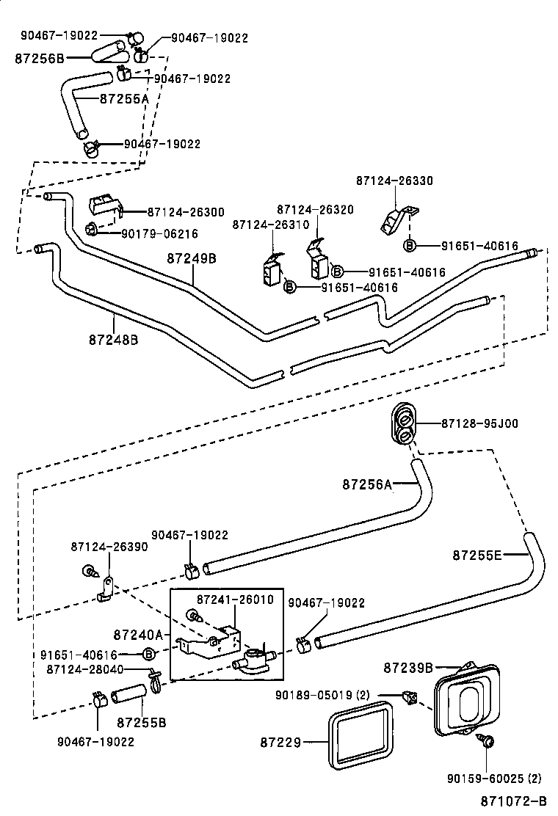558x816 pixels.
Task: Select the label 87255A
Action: tap(124, 98)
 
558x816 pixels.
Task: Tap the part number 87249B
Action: tap(192, 258)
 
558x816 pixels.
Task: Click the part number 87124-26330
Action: tap(394, 180)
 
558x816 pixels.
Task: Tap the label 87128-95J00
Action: tap(479, 423)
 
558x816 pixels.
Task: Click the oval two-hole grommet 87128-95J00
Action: tap(403, 425)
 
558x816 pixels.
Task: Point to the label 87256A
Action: tap(367, 484)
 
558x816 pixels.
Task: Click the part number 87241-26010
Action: tap(235, 600)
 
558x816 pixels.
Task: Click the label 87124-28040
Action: tap(85, 669)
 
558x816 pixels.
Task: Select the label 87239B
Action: tap(408, 668)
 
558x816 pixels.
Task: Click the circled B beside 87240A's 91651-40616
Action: tap(149, 654)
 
